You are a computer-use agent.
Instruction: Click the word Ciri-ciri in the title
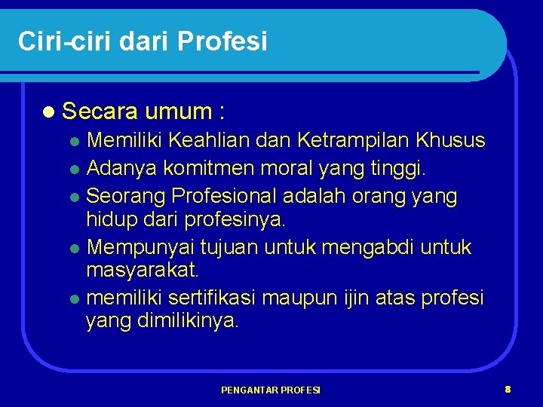coord(60,41)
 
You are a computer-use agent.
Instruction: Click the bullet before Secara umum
coord(49,113)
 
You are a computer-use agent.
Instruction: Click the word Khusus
coord(454,140)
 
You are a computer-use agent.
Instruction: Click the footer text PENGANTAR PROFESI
coord(271,390)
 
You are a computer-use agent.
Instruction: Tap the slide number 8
coord(508,389)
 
